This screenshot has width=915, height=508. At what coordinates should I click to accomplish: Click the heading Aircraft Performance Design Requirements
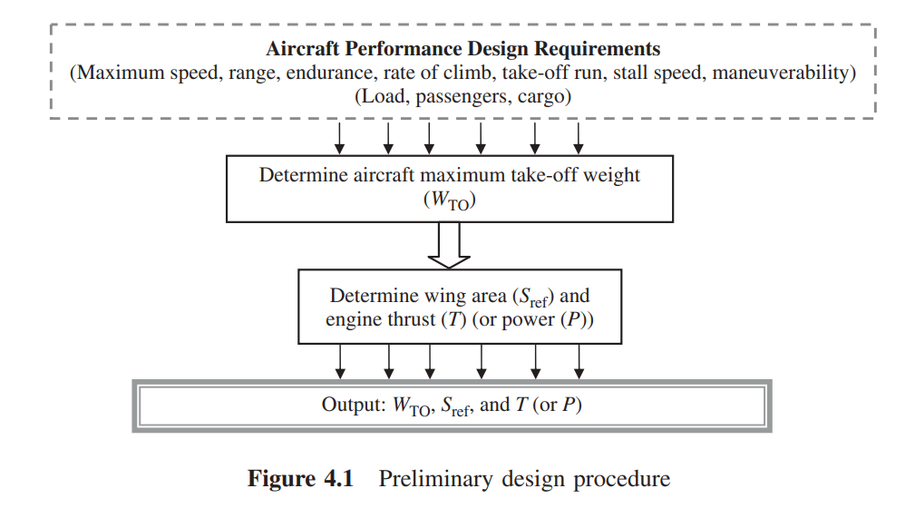pyautogui.click(x=462, y=49)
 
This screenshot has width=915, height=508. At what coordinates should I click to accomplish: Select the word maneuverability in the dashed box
pyautogui.click(x=781, y=73)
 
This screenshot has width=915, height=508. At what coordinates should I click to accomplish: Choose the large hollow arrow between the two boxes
pyautogui.click(x=450, y=245)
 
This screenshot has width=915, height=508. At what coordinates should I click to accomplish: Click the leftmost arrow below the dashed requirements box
pyautogui.click(x=339, y=137)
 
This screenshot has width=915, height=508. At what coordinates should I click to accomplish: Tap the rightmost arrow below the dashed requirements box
pyautogui.click(x=578, y=137)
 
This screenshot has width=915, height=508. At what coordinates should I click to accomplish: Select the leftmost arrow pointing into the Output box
pyautogui.click(x=340, y=362)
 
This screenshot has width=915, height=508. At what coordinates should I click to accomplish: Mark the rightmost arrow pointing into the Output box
pyautogui.click(x=579, y=362)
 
